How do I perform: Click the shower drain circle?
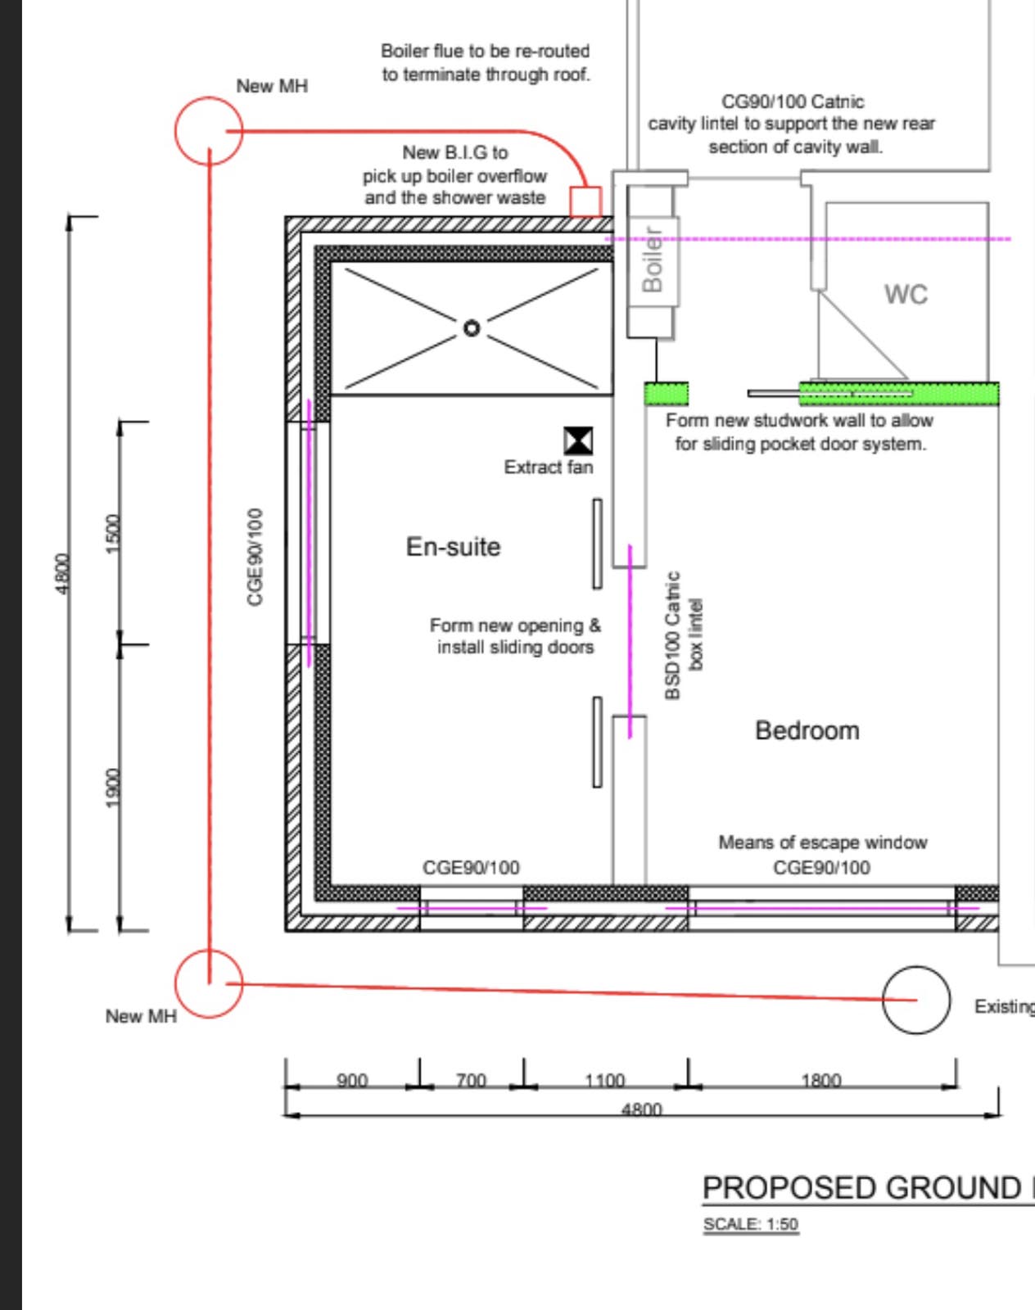(472, 328)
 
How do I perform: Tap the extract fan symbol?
(578, 440)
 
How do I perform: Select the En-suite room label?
(453, 547)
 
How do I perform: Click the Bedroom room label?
(807, 730)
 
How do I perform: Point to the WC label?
(906, 295)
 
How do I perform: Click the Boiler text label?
(652, 260)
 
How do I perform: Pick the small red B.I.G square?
(585, 202)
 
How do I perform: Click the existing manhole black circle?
(916, 1000)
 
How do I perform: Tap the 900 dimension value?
(352, 1081)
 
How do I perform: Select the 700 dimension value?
(471, 1081)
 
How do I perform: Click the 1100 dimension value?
(604, 1081)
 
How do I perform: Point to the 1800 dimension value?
(821, 1081)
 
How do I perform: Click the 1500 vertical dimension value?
(114, 534)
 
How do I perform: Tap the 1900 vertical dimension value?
(114, 788)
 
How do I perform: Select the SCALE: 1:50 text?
(751, 1224)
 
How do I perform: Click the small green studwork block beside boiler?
(667, 394)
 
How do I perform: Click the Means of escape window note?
(823, 842)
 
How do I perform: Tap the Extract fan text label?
(549, 467)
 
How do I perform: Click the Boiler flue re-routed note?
(486, 63)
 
